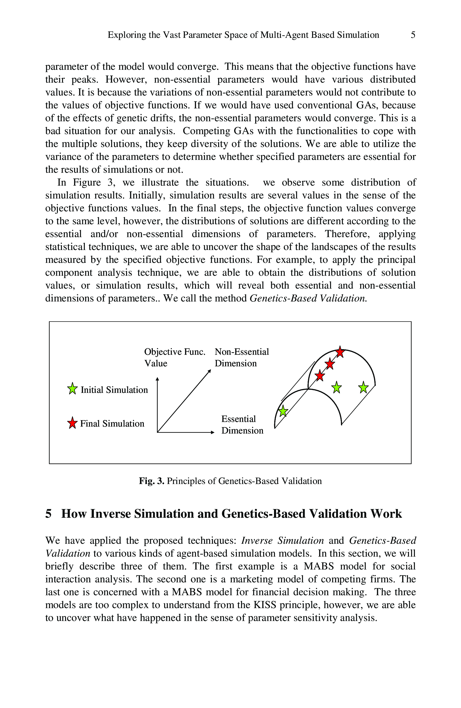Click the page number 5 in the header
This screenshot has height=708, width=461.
coord(413,35)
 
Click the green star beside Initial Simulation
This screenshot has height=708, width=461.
coord(72,388)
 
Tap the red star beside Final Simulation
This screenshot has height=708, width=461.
coord(72,423)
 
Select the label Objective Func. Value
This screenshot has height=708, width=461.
coord(174,357)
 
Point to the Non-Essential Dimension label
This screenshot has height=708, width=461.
coord(241,357)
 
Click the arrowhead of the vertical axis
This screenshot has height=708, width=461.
coord(157,379)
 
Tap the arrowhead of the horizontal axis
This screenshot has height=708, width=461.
coord(212,432)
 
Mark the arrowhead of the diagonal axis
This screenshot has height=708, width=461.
coord(210,371)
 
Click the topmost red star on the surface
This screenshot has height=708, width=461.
coord(340,352)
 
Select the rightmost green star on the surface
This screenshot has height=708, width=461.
coord(363,387)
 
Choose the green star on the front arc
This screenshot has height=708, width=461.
coord(283,411)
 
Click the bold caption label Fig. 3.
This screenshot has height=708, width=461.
coord(151,481)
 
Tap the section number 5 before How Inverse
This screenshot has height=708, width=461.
coord(48,514)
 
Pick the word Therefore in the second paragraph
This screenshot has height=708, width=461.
coord(347,234)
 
